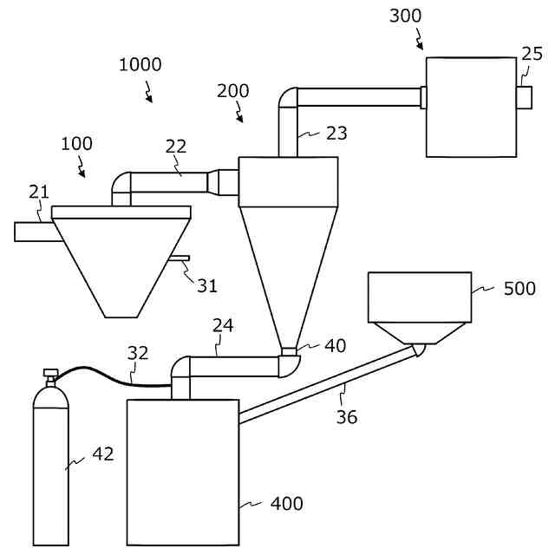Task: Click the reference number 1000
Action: [x=140, y=64]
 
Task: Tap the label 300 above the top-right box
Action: [x=407, y=16]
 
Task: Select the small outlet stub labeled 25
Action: [x=525, y=96]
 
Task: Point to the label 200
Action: [x=232, y=91]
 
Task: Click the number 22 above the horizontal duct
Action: [x=176, y=146]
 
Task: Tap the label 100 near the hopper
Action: [x=76, y=143]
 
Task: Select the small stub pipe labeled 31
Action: [x=180, y=258]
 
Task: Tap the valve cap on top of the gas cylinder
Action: [x=49, y=375]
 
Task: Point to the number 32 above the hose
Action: [x=138, y=353]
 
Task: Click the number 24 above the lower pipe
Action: [x=223, y=325]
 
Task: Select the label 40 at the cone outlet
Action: [x=335, y=346]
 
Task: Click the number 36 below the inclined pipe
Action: [x=347, y=417]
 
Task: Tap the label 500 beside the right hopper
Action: [x=519, y=289]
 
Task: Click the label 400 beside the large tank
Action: [x=287, y=503]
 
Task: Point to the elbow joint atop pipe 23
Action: [x=288, y=97]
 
